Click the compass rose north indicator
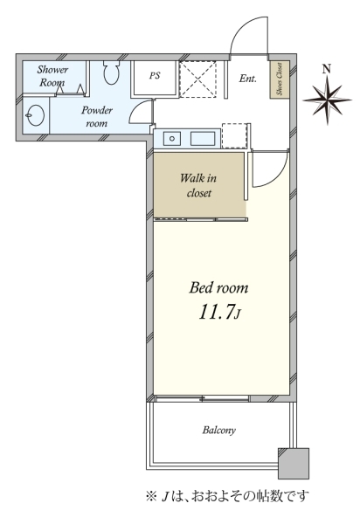(x=327, y=100)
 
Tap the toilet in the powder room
(x=111, y=72)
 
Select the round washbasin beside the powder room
(x=36, y=115)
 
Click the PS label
(x=155, y=75)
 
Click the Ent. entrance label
(x=247, y=79)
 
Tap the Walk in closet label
(x=198, y=185)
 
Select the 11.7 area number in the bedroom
(x=220, y=312)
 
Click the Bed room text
(x=218, y=287)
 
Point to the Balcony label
(x=219, y=430)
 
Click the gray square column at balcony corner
(x=294, y=464)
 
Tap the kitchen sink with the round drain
(x=172, y=138)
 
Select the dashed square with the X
(x=197, y=79)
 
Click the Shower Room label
(x=52, y=76)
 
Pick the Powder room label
(x=97, y=116)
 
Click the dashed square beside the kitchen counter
(x=235, y=136)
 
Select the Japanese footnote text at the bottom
(x=227, y=495)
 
